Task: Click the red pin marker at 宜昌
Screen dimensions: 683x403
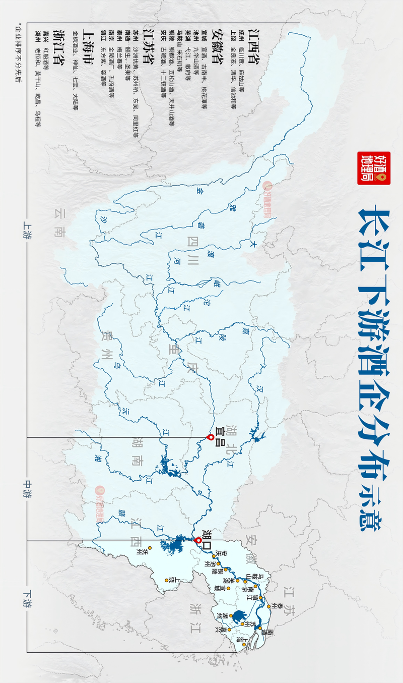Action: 211,437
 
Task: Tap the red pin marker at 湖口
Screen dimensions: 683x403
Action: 198,541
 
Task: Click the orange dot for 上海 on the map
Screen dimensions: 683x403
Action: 237,637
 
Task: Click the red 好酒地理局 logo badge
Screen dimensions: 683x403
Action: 367,168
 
